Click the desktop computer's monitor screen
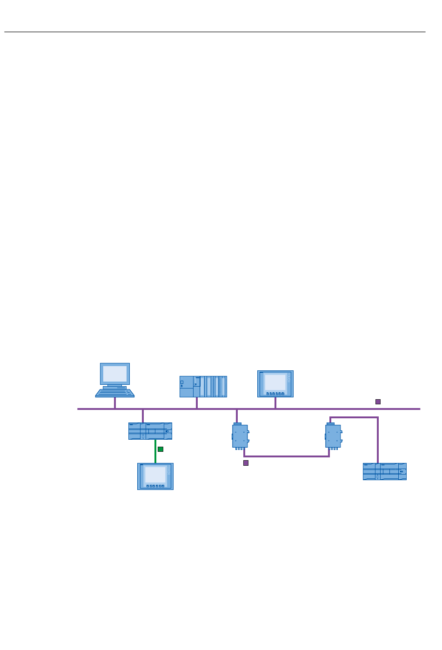pyautogui.click(x=115, y=374)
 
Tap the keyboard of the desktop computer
pyautogui.click(x=115, y=393)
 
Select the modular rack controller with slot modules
pyautogui.click(x=203, y=387)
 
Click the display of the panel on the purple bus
pyautogui.click(x=275, y=382)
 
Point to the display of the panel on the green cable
pyautogui.click(x=155, y=475)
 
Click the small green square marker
pyautogui.click(x=161, y=449)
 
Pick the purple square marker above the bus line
pyautogui.click(x=378, y=402)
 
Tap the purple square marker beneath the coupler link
pyautogui.click(x=246, y=463)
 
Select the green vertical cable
pyautogui.click(x=155, y=451)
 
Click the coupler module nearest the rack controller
pyautogui.click(x=240, y=436)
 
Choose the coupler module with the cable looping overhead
pyautogui.click(x=333, y=436)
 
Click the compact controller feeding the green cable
pyautogui.click(x=150, y=431)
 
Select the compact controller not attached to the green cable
pyautogui.click(x=385, y=471)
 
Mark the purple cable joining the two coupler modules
pyautogui.click(x=286, y=456)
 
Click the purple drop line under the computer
pyautogui.click(x=115, y=403)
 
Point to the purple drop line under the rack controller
pyautogui.click(x=197, y=403)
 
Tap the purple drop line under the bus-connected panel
pyautogui.click(x=275, y=403)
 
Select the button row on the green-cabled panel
pyautogui.click(x=155, y=486)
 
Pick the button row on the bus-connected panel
pyautogui.click(x=275, y=394)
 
